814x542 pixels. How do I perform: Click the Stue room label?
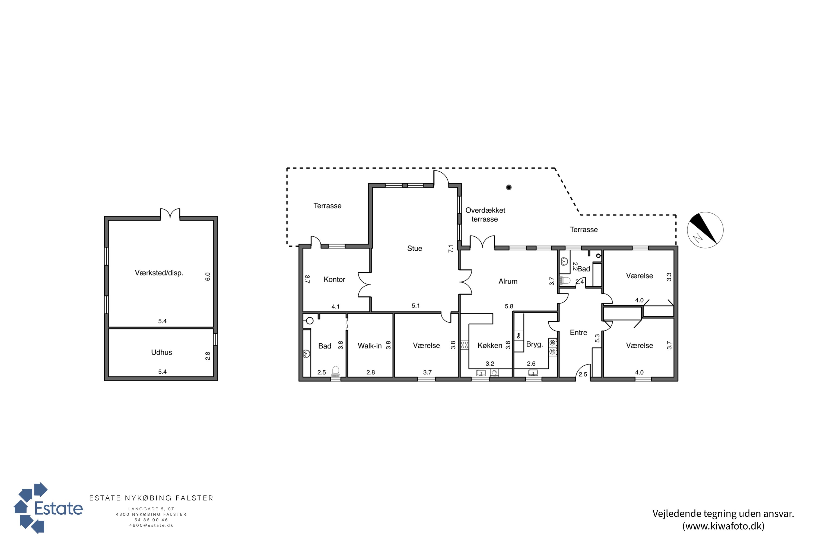(x=414, y=248)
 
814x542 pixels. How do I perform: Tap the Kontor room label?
(x=334, y=279)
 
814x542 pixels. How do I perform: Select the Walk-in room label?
(x=370, y=346)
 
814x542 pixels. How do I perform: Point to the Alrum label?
(x=508, y=281)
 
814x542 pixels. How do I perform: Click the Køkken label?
(x=490, y=345)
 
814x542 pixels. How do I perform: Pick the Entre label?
(x=578, y=333)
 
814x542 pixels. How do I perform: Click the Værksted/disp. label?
(x=159, y=273)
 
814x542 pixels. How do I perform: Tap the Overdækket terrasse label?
(x=485, y=215)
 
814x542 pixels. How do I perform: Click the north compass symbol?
(x=705, y=230)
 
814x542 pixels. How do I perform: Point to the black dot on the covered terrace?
(x=509, y=187)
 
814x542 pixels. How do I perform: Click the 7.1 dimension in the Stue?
(x=451, y=249)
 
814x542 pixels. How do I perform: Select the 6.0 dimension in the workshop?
(x=208, y=276)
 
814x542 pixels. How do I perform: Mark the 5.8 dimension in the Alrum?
(x=509, y=306)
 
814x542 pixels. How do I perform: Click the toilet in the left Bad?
(x=335, y=372)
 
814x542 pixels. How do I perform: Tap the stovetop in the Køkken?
(x=465, y=345)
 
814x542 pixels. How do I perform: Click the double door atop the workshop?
(x=170, y=214)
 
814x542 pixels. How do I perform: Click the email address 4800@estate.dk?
(x=151, y=525)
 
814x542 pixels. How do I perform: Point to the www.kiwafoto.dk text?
(x=723, y=526)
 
